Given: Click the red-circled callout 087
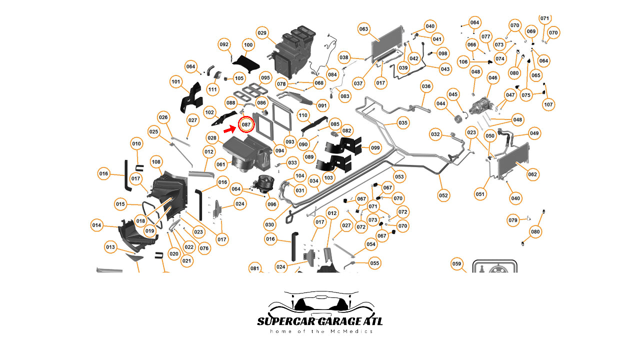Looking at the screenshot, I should [246, 124].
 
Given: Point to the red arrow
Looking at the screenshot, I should [229, 129].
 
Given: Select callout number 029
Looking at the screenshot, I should [262, 33].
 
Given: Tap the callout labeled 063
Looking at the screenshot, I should [363, 29].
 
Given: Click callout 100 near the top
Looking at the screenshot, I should [248, 44].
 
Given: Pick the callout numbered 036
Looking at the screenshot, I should [426, 86].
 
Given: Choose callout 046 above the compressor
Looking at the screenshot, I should [493, 77].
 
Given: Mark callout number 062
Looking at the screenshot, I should [532, 174].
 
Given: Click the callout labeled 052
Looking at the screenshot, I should [443, 195].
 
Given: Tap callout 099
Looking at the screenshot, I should [375, 147].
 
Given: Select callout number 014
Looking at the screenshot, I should [97, 225].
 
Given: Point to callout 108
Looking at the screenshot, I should [156, 161].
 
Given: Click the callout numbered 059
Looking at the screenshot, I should [456, 264].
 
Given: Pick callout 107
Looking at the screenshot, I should [548, 104].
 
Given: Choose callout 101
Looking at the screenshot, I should [175, 81].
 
